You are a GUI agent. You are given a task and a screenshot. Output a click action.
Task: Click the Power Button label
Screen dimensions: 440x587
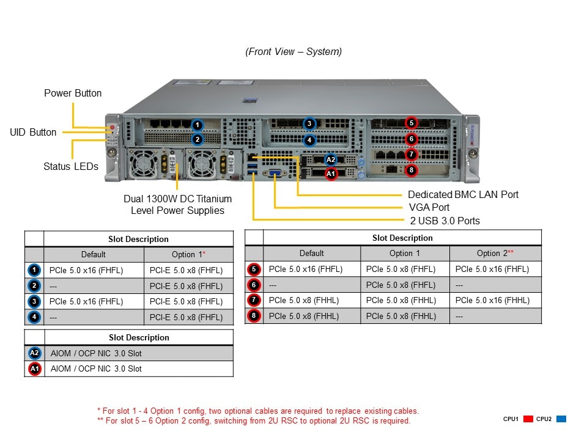[73, 94]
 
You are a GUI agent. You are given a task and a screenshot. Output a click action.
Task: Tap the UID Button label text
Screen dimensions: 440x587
[33, 132]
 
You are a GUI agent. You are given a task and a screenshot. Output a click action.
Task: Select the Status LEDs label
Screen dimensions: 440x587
[70, 166]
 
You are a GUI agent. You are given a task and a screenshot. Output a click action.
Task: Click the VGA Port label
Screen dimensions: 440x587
[429, 207]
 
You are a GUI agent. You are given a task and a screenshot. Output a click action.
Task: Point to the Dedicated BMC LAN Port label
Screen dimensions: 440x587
[463, 194]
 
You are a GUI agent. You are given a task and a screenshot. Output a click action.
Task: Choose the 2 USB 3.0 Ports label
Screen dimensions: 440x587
[445, 221]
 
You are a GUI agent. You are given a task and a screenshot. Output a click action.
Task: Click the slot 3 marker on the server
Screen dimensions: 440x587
[309, 123]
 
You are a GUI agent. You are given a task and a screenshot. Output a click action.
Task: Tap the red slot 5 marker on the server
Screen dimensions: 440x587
[412, 123]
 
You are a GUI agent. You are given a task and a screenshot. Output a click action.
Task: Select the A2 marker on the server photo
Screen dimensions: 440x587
[331, 159]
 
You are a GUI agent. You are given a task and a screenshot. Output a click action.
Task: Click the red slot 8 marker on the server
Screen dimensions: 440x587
[412, 170]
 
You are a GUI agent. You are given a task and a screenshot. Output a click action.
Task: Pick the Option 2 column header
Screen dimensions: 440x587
[495, 253]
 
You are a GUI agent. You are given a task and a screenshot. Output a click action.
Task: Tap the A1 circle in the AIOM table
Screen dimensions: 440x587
[34, 369]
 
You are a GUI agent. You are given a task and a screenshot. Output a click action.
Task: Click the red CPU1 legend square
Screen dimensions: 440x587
[528, 419]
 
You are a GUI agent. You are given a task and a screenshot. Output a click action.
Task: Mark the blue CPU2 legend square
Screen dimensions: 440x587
[561, 419]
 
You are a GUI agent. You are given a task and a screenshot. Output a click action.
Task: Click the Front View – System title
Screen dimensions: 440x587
[293, 52]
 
